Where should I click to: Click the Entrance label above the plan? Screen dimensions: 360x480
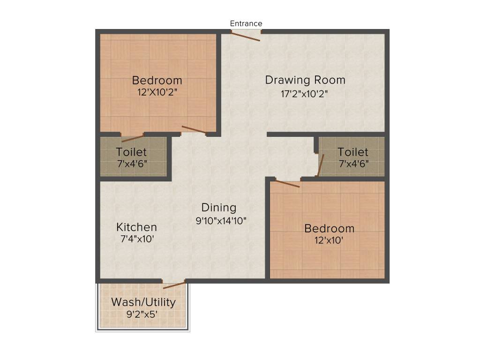(x=246, y=23)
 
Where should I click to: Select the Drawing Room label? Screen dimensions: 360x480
(x=305, y=80)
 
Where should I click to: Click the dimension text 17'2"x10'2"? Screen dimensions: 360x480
(x=304, y=94)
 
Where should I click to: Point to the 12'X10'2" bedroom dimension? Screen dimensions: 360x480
(x=157, y=92)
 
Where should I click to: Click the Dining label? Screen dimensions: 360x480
(x=219, y=207)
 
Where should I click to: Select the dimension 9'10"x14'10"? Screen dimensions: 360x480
(x=221, y=221)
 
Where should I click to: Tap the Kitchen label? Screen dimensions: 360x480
(x=136, y=227)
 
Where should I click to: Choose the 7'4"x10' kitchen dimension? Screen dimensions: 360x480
(x=137, y=239)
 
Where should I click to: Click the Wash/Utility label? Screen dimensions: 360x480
(x=143, y=302)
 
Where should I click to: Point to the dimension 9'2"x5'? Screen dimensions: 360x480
(x=142, y=315)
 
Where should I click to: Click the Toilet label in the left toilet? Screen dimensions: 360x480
(x=131, y=152)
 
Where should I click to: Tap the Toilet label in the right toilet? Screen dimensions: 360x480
(x=353, y=152)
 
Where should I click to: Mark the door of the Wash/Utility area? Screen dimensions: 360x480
(x=174, y=285)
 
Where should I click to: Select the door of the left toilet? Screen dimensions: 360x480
(x=133, y=138)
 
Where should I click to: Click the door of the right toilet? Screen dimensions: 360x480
(x=320, y=165)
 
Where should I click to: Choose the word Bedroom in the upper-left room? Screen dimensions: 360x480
(x=157, y=80)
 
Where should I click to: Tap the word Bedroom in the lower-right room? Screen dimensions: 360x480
(x=330, y=229)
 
